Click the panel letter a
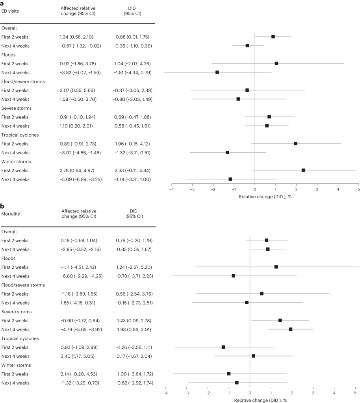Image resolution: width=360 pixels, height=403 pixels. coord(2,3)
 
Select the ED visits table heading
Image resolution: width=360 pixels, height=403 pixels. coord(10,11)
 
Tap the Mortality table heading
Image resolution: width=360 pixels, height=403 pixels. coord(11,214)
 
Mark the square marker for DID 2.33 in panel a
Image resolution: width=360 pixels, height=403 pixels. coord(303,170)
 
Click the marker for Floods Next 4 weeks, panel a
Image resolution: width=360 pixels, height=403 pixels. coord(217,72)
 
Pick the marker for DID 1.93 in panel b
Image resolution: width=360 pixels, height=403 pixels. coord(291,329)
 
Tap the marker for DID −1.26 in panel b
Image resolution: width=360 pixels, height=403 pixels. coord(223,347)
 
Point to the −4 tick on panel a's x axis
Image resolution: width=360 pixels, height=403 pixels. coord(172,189)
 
